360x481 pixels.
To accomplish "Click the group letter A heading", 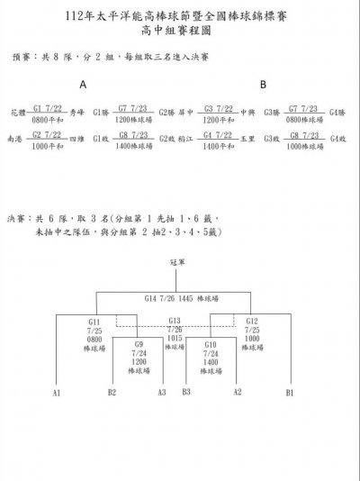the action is pyautogui.click(x=83, y=85).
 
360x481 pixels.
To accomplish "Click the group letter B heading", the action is pyautogui.click(x=263, y=85).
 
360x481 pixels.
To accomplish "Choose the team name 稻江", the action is pyautogui.click(x=187, y=140).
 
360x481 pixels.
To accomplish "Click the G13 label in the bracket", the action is pyautogui.click(x=175, y=321).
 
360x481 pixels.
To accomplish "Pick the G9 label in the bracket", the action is pyautogui.click(x=138, y=344).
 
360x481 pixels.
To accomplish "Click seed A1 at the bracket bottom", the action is pyautogui.click(x=56, y=393).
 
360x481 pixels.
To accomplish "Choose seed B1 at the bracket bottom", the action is pyautogui.click(x=290, y=393).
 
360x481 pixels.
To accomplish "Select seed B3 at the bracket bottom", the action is pyautogui.click(x=187, y=393).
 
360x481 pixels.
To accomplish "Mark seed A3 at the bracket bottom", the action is pyautogui.click(x=162, y=393).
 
